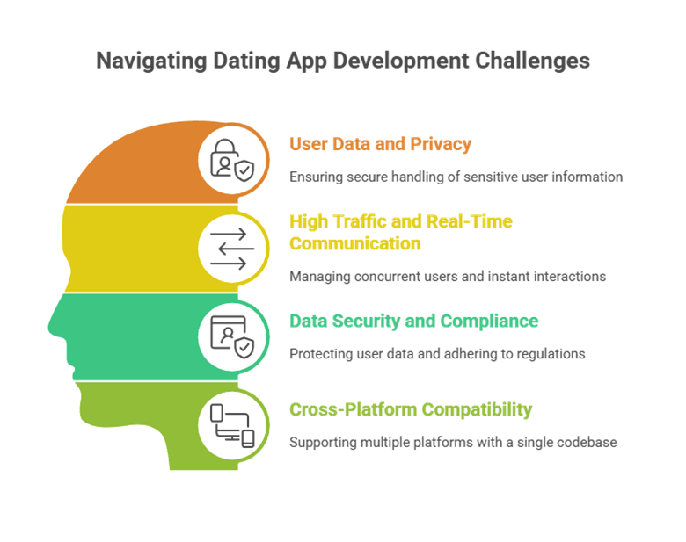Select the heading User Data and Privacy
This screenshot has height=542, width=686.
point(381,144)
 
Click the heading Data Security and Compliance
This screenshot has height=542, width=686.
point(414,321)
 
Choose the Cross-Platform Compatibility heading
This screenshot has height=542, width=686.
point(411,409)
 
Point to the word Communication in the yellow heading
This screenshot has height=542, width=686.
point(355,243)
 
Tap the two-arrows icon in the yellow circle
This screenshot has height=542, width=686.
point(230,248)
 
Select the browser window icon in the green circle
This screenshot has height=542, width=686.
point(230,336)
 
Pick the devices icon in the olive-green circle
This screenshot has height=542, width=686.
point(230,424)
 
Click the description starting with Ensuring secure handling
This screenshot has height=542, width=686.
point(456,177)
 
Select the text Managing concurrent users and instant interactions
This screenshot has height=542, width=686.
point(447,277)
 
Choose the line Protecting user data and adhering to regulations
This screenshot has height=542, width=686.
point(437,354)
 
